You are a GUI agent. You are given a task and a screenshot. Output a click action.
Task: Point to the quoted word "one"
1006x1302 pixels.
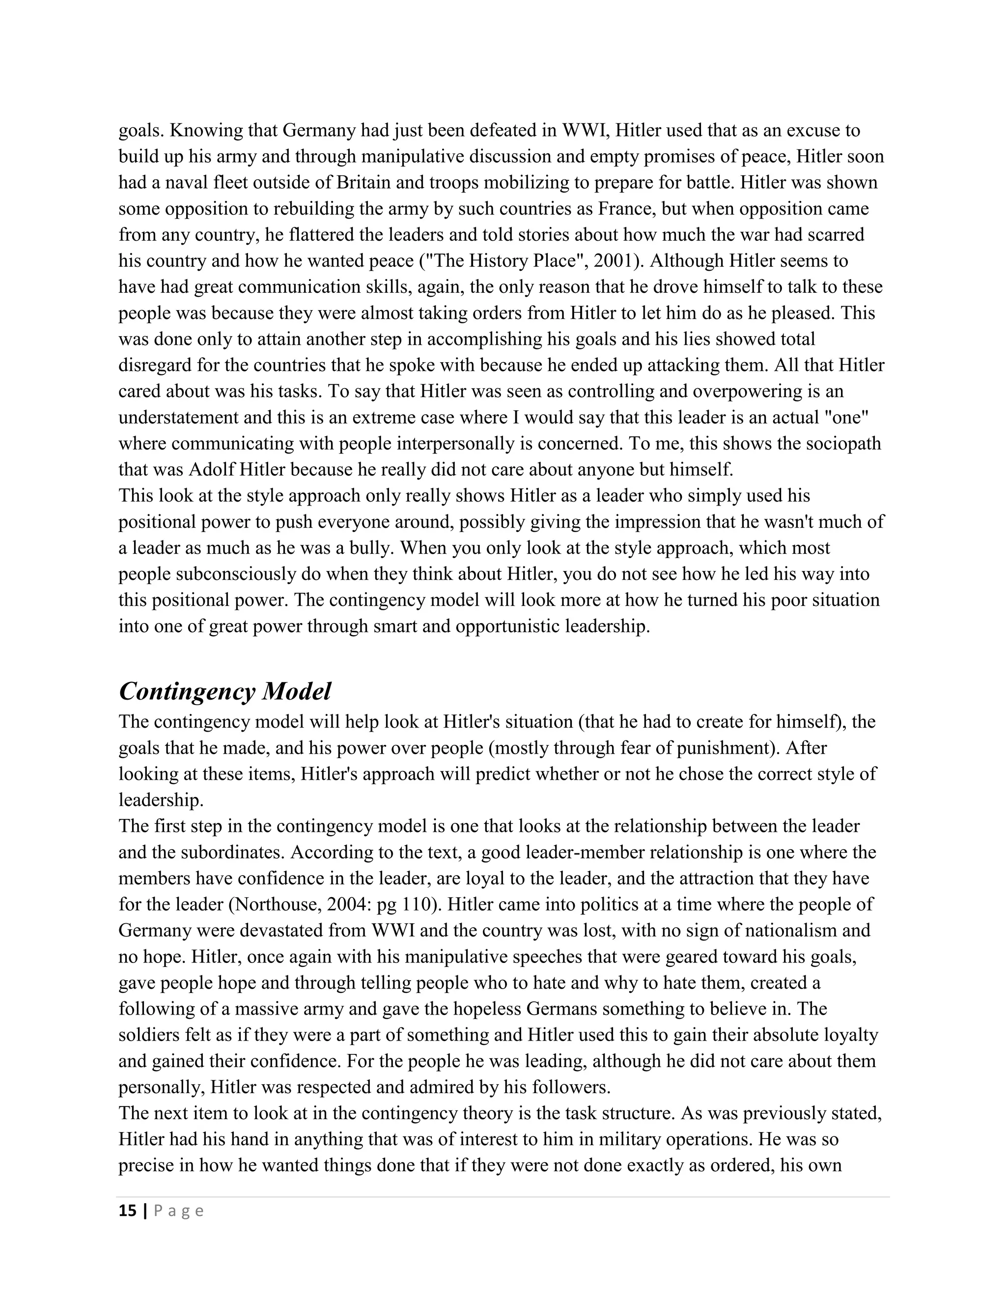(851, 417)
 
